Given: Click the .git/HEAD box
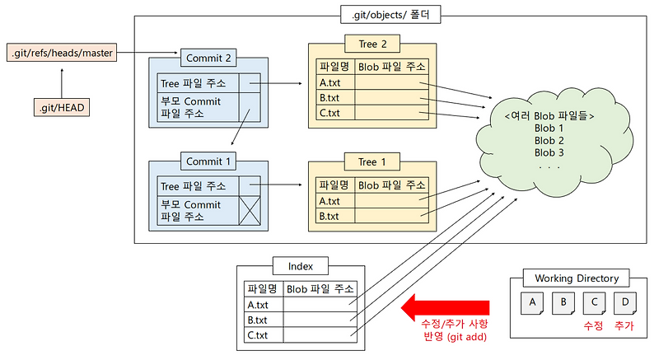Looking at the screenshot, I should (x=62, y=107).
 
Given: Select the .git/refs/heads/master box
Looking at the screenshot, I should (x=62, y=53).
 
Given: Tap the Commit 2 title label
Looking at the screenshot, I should (x=209, y=58).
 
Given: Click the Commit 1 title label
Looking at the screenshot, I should (x=209, y=161).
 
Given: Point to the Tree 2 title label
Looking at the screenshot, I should (x=368, y=44).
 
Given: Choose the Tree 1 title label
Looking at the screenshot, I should (x=368, y=162).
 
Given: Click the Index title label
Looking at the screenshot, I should (x=301, y=266).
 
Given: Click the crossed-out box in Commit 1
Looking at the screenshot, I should (x=250, y=212).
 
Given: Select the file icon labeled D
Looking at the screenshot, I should (x=625, y=304).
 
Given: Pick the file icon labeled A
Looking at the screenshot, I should (x=533, y=304).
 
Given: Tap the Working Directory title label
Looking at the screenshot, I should (x=577, y=278).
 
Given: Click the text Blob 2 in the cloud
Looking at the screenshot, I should (x=549, y=140).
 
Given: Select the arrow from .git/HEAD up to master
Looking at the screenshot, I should (x=62, y=81).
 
